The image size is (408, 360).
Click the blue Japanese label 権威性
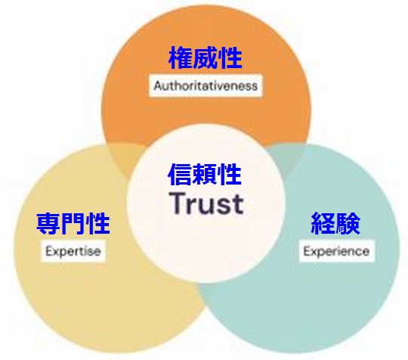coord(206,58)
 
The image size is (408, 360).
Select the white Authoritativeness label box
coord(206,86)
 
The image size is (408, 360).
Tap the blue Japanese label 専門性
coord(73,223)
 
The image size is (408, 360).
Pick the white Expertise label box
coord(73,251)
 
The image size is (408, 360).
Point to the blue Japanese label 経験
coord(335,223)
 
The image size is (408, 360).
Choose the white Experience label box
coord(336,251)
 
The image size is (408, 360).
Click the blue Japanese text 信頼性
coord(205,174)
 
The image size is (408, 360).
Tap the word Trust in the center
coord(207,203)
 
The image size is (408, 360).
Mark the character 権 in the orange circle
coord(181,58)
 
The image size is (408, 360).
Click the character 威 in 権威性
coord(206,58)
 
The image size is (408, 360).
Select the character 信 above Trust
coord(181,174)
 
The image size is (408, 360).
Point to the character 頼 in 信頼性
coord(205,174)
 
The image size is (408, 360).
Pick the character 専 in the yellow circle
coord(48,223)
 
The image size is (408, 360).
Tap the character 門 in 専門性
coord(73,223)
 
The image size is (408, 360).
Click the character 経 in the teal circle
coord(323,223)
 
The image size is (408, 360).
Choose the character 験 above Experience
coord(348,223)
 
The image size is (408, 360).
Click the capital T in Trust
coord(178,203)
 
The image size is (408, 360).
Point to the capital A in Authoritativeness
coord(157,85)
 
